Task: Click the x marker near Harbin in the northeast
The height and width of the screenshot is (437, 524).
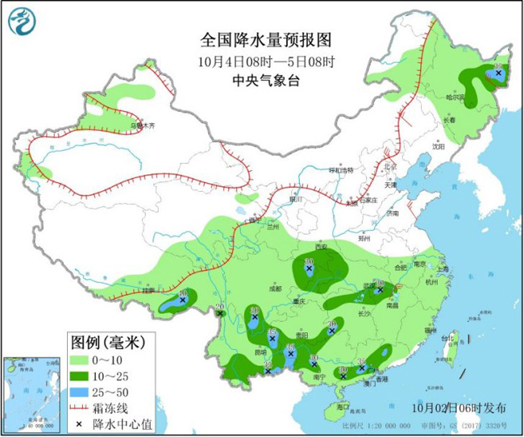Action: [x=498, y=73]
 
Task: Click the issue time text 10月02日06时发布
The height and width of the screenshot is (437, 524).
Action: [x=463, y=406]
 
